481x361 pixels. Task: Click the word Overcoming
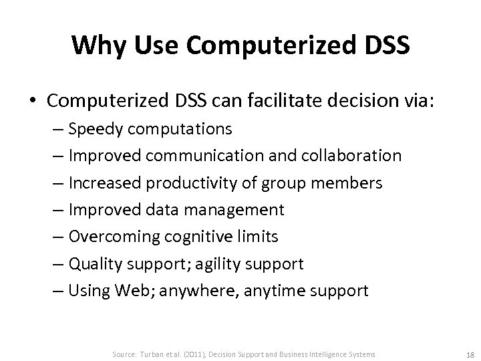pyautogui.click(x=110, y=237)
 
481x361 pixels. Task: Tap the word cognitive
pyautogui.click(x=195, y=237)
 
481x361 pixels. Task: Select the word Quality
pyautogui.click(x=94, y=264)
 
